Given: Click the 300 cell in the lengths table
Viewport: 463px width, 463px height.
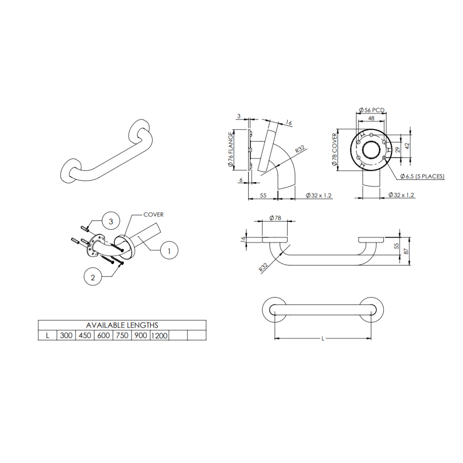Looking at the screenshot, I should point(66,335).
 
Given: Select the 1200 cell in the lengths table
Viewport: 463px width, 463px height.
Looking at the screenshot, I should point(159,335).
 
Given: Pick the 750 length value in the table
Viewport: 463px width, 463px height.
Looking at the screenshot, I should point(122,335).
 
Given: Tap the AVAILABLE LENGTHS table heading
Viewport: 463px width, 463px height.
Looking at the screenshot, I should point(122,325).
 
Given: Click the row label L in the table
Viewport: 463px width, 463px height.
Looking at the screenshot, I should point(48,335).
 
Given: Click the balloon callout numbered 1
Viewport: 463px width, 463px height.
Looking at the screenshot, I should point(169,251).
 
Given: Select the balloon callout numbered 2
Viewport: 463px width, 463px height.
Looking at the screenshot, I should point(93,277).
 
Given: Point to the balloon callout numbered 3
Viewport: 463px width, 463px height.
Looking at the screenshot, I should point(111,221).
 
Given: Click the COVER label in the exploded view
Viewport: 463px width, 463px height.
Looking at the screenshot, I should point(153,215).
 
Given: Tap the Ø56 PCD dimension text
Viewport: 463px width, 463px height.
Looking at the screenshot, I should point(372,110).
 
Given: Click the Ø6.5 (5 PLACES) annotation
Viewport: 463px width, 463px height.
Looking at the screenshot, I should point(422,176).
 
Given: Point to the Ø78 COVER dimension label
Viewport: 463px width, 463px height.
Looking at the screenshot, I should point(336,150).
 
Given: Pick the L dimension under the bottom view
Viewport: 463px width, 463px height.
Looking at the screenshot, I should point(322,339).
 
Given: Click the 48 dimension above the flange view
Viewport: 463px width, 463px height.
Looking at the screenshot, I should point(371,118).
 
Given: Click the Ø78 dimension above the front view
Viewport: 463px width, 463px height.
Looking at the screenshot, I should point(275,218).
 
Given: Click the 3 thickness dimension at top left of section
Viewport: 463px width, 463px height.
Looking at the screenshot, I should point(239,116).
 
